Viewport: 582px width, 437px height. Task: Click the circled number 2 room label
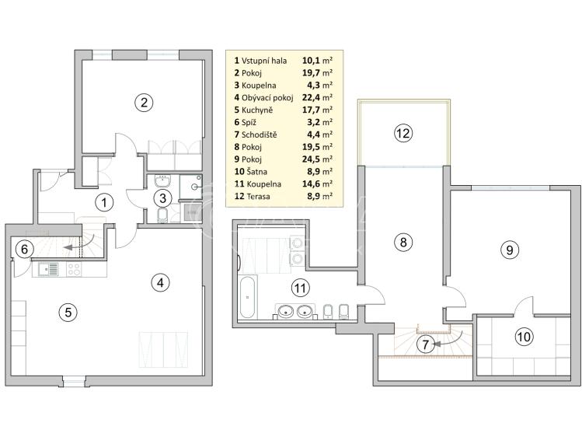coord(141,101)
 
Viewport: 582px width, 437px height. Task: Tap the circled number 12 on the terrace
coord(402,133)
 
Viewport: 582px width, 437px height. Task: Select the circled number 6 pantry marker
coord(24,250)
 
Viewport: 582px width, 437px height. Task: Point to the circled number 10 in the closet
coord(524,337)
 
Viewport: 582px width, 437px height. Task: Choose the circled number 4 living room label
coord(159,283)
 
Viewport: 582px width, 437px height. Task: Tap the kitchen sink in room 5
coord(47,271)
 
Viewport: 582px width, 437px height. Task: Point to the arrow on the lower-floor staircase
coord(78,246)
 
